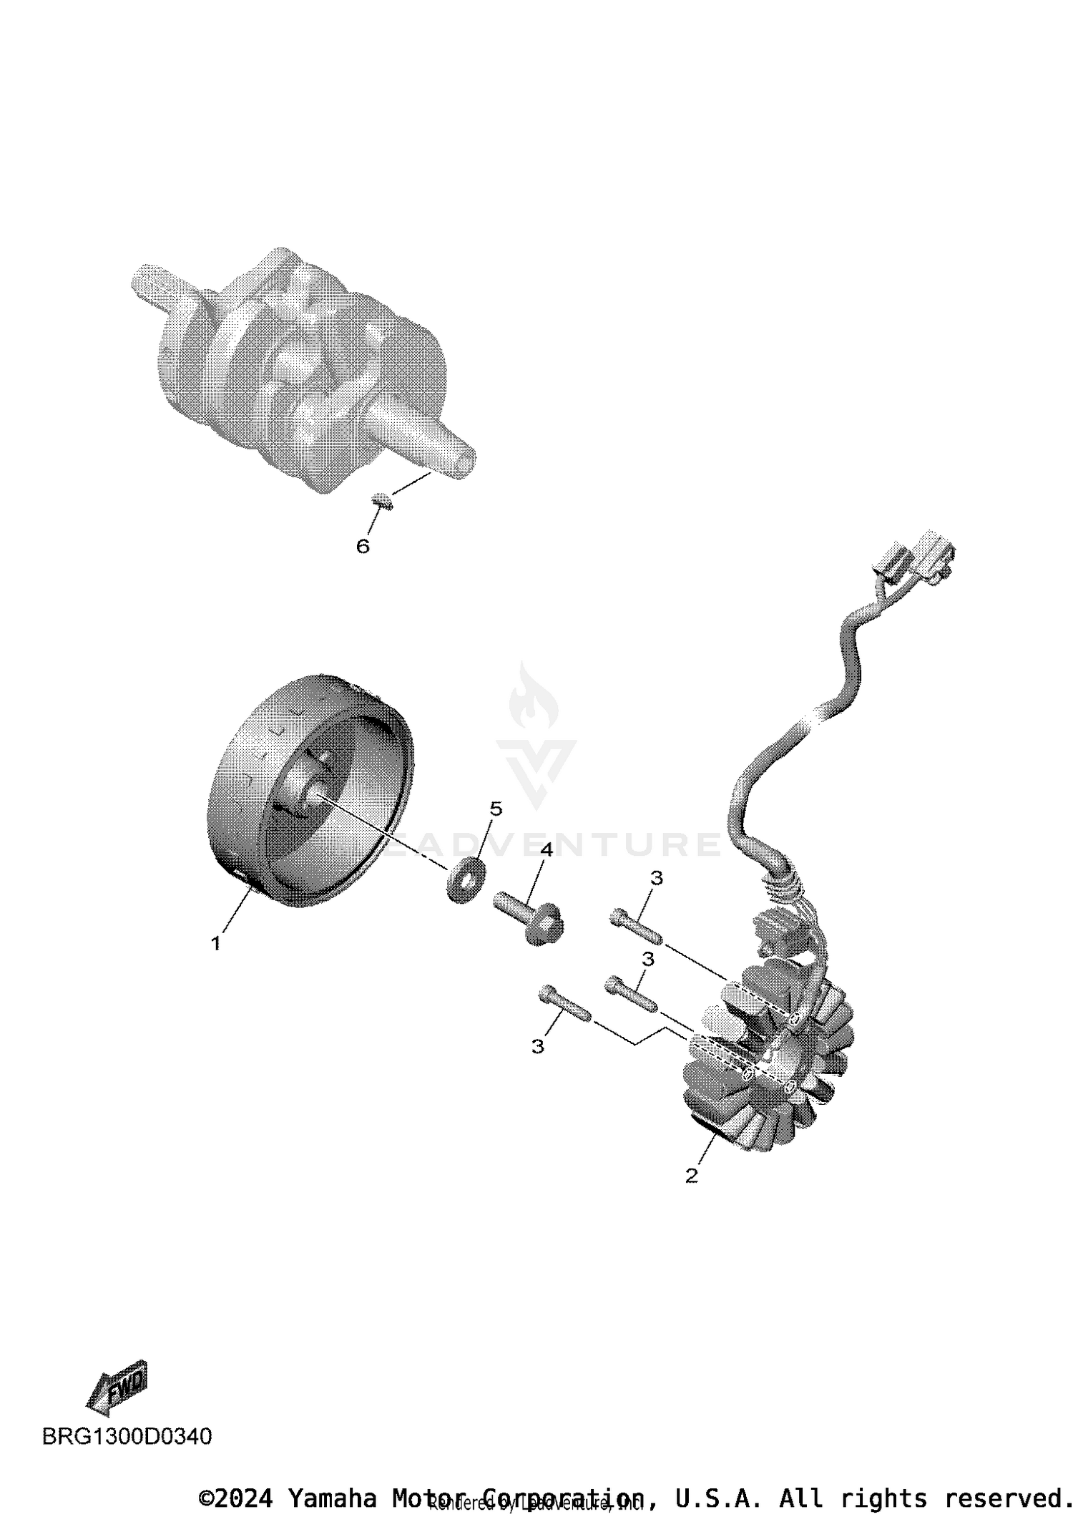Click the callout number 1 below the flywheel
[215, 944]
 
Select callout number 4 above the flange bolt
[547, 850]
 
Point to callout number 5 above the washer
[496, 809]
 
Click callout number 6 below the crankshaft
[363, 547]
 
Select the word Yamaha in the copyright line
[332, 1498]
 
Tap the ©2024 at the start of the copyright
[235, 1498]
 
